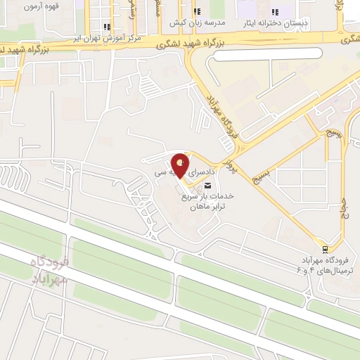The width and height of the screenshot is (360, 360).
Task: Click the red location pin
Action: pos(180,165)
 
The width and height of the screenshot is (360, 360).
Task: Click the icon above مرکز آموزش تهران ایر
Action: pos(106,27)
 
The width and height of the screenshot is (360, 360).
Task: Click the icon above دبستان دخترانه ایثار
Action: pos(275,12)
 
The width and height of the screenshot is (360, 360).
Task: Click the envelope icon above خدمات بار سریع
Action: pos(206,185)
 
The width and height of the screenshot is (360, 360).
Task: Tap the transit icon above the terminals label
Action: pos(325,250)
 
